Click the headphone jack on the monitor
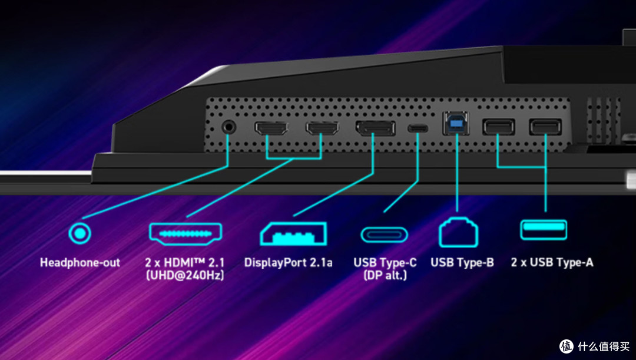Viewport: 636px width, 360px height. point(229,127)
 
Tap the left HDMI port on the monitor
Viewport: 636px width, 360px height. point(271,128)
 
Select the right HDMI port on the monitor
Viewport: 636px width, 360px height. point(322,128)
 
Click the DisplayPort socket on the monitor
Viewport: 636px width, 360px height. point(376,128)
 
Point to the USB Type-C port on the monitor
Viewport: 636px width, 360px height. point(418,128)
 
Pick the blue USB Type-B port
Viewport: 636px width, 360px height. point(456,123)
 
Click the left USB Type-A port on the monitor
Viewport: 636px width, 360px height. point(499,127)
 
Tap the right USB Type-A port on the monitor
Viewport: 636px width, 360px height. point(545,127)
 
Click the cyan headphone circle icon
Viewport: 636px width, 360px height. point(79,233)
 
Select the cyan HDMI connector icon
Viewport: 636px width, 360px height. point(185,234)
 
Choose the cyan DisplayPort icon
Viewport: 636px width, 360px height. point(293,234)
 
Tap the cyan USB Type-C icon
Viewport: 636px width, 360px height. point(384,235)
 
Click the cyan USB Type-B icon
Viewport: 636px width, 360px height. point(458,232)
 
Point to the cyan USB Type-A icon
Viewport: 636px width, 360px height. point(544,230)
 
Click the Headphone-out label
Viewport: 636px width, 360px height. point(80,263)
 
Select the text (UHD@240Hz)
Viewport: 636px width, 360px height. point(185,276)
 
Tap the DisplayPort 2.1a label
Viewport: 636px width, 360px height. point(289,263)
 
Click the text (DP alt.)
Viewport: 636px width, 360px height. point(385,276)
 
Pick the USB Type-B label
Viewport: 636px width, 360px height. point(462,263)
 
